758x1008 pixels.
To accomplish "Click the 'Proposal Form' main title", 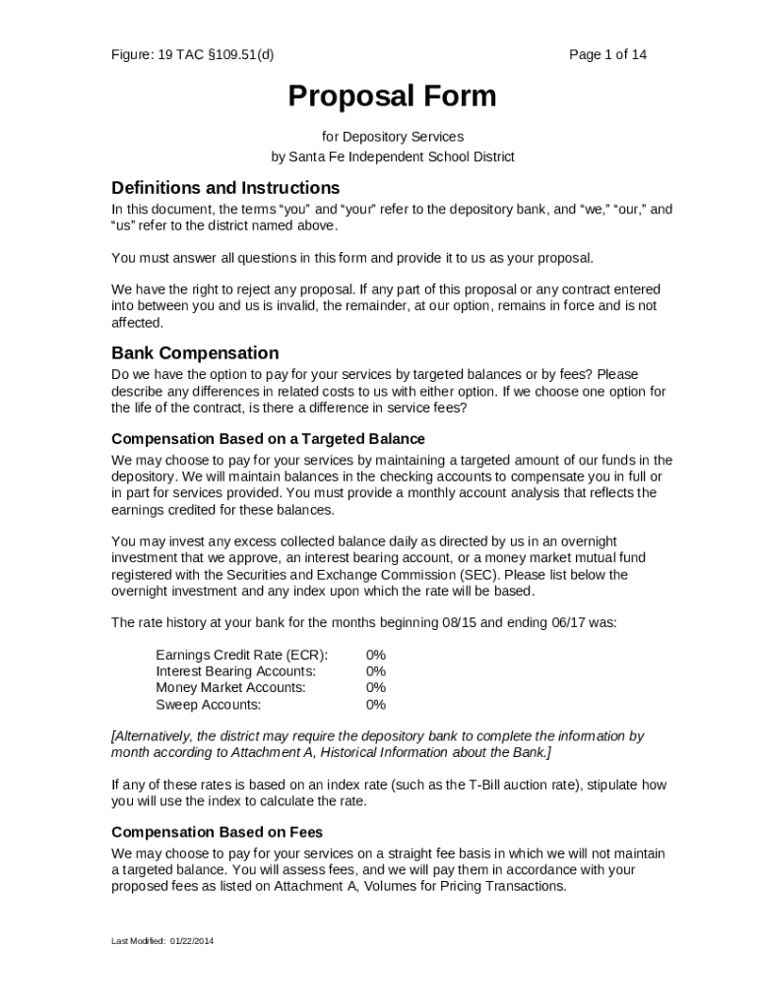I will (392, 96).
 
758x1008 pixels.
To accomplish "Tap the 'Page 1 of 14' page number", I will (607, 54).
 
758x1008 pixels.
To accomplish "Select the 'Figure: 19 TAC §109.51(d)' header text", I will (193, 54).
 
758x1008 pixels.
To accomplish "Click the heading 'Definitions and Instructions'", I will (225, 187).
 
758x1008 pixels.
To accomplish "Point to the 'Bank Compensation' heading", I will (195, 352).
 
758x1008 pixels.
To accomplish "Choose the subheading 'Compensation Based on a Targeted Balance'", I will (268, 438).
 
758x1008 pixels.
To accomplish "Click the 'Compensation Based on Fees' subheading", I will (218, 832).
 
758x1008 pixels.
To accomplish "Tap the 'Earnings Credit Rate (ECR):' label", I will (241, 655).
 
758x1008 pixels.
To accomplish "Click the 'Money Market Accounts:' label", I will (230, 687).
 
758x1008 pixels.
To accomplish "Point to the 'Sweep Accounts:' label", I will (208, 704).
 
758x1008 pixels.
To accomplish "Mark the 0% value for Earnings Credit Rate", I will (375, 655).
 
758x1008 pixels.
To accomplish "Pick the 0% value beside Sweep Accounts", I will (375, 704).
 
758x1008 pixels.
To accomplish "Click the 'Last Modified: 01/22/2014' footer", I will (162, 941).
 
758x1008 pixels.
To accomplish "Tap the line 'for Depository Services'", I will (392, 136).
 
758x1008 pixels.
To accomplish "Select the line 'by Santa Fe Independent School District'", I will (392, 157).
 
